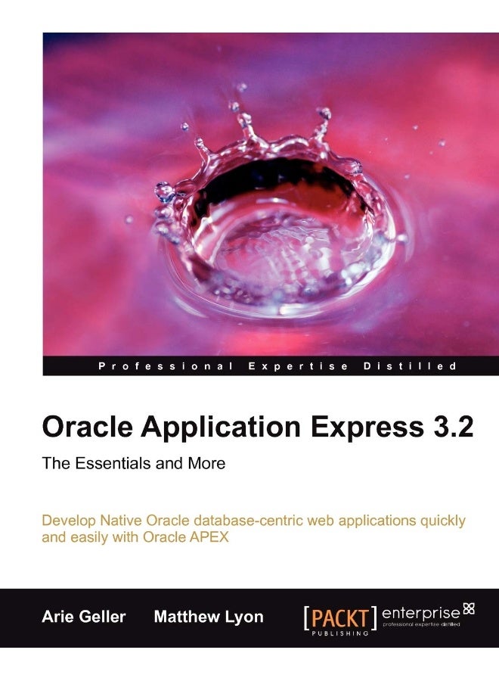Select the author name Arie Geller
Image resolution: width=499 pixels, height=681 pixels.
tap(85, 617)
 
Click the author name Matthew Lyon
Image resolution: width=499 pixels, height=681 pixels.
tap(209, 617)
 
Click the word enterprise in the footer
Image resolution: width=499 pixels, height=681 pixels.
tap(420, 611)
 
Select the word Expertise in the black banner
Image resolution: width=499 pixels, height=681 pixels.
tap(298, 367)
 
